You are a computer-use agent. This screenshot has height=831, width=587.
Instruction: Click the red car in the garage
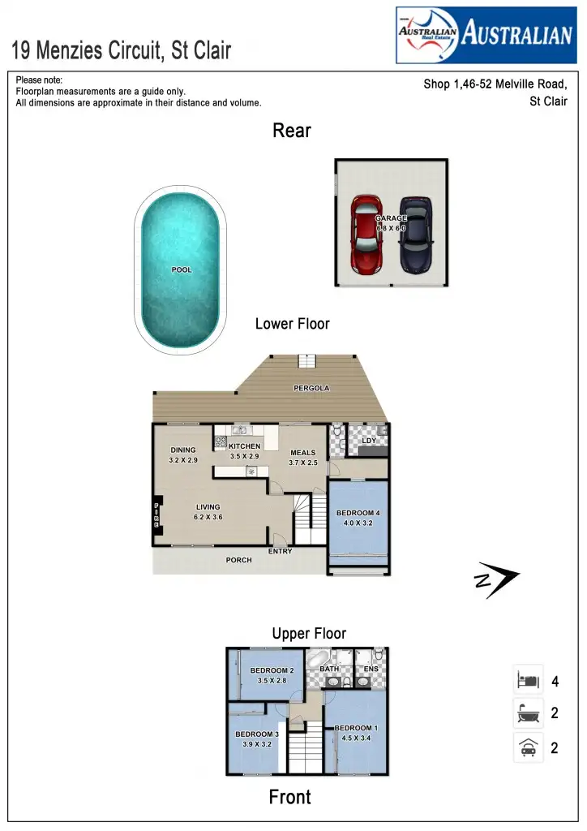[x=366, y=234]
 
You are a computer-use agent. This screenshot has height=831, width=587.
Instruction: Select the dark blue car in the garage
[x=416, y=235]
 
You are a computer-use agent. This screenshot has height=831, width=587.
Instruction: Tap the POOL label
[x=182, y=269]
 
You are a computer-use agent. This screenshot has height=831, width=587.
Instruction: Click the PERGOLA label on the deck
[x=311, y=389]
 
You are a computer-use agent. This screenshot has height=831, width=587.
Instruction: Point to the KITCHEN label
[x=245, y=446]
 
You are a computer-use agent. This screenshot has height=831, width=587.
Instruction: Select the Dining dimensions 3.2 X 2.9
[x=183, y=460]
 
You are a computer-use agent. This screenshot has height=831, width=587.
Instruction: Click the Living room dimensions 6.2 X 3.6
[x=208, y=517]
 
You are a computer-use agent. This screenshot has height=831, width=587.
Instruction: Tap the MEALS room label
[x=302, y=453]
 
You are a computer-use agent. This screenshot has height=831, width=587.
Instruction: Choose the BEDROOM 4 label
[x=358, y=513]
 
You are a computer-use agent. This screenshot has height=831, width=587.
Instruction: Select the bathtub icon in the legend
[x=528, y=714]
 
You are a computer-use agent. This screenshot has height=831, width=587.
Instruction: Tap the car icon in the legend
[x=528, y=747]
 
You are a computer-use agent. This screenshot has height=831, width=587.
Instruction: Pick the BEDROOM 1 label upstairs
[x=356, y=728]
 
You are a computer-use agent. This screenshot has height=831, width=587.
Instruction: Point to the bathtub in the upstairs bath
[x=319, y=658]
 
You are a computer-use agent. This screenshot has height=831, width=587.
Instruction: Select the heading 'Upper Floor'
[x=309, y=633]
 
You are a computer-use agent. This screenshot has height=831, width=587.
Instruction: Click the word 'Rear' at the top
[x=292, y=131]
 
